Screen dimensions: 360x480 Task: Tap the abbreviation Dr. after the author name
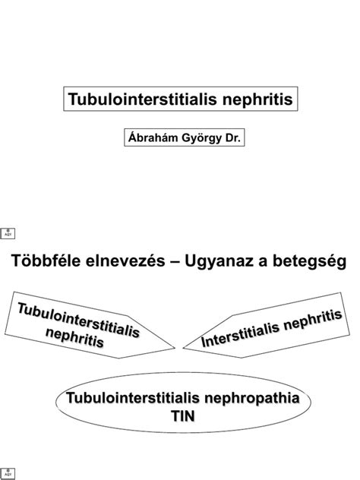[x=233, y=137]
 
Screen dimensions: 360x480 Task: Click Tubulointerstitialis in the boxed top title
[x=143, y=99]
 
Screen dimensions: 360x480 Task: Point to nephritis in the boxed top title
[x=257, y=99]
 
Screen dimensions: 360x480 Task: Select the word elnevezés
[x=125, y=261]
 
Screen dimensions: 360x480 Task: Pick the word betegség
[x=309, y=262]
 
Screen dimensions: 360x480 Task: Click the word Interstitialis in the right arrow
[x=240, y=335]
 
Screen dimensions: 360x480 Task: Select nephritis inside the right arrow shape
[x=313, y=319]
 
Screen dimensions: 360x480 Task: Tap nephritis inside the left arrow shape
[x=75, y=337]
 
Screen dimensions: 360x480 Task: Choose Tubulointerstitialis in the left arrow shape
[x=79, y=320]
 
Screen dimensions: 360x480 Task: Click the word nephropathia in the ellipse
[x=252, y=398]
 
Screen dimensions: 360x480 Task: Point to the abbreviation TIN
[x=183, y=416]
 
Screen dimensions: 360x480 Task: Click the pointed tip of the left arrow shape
[x=175, y=348]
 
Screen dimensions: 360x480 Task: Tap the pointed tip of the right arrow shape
[x=183, y=348]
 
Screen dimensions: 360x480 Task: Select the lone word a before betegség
[x=263, y=263]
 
